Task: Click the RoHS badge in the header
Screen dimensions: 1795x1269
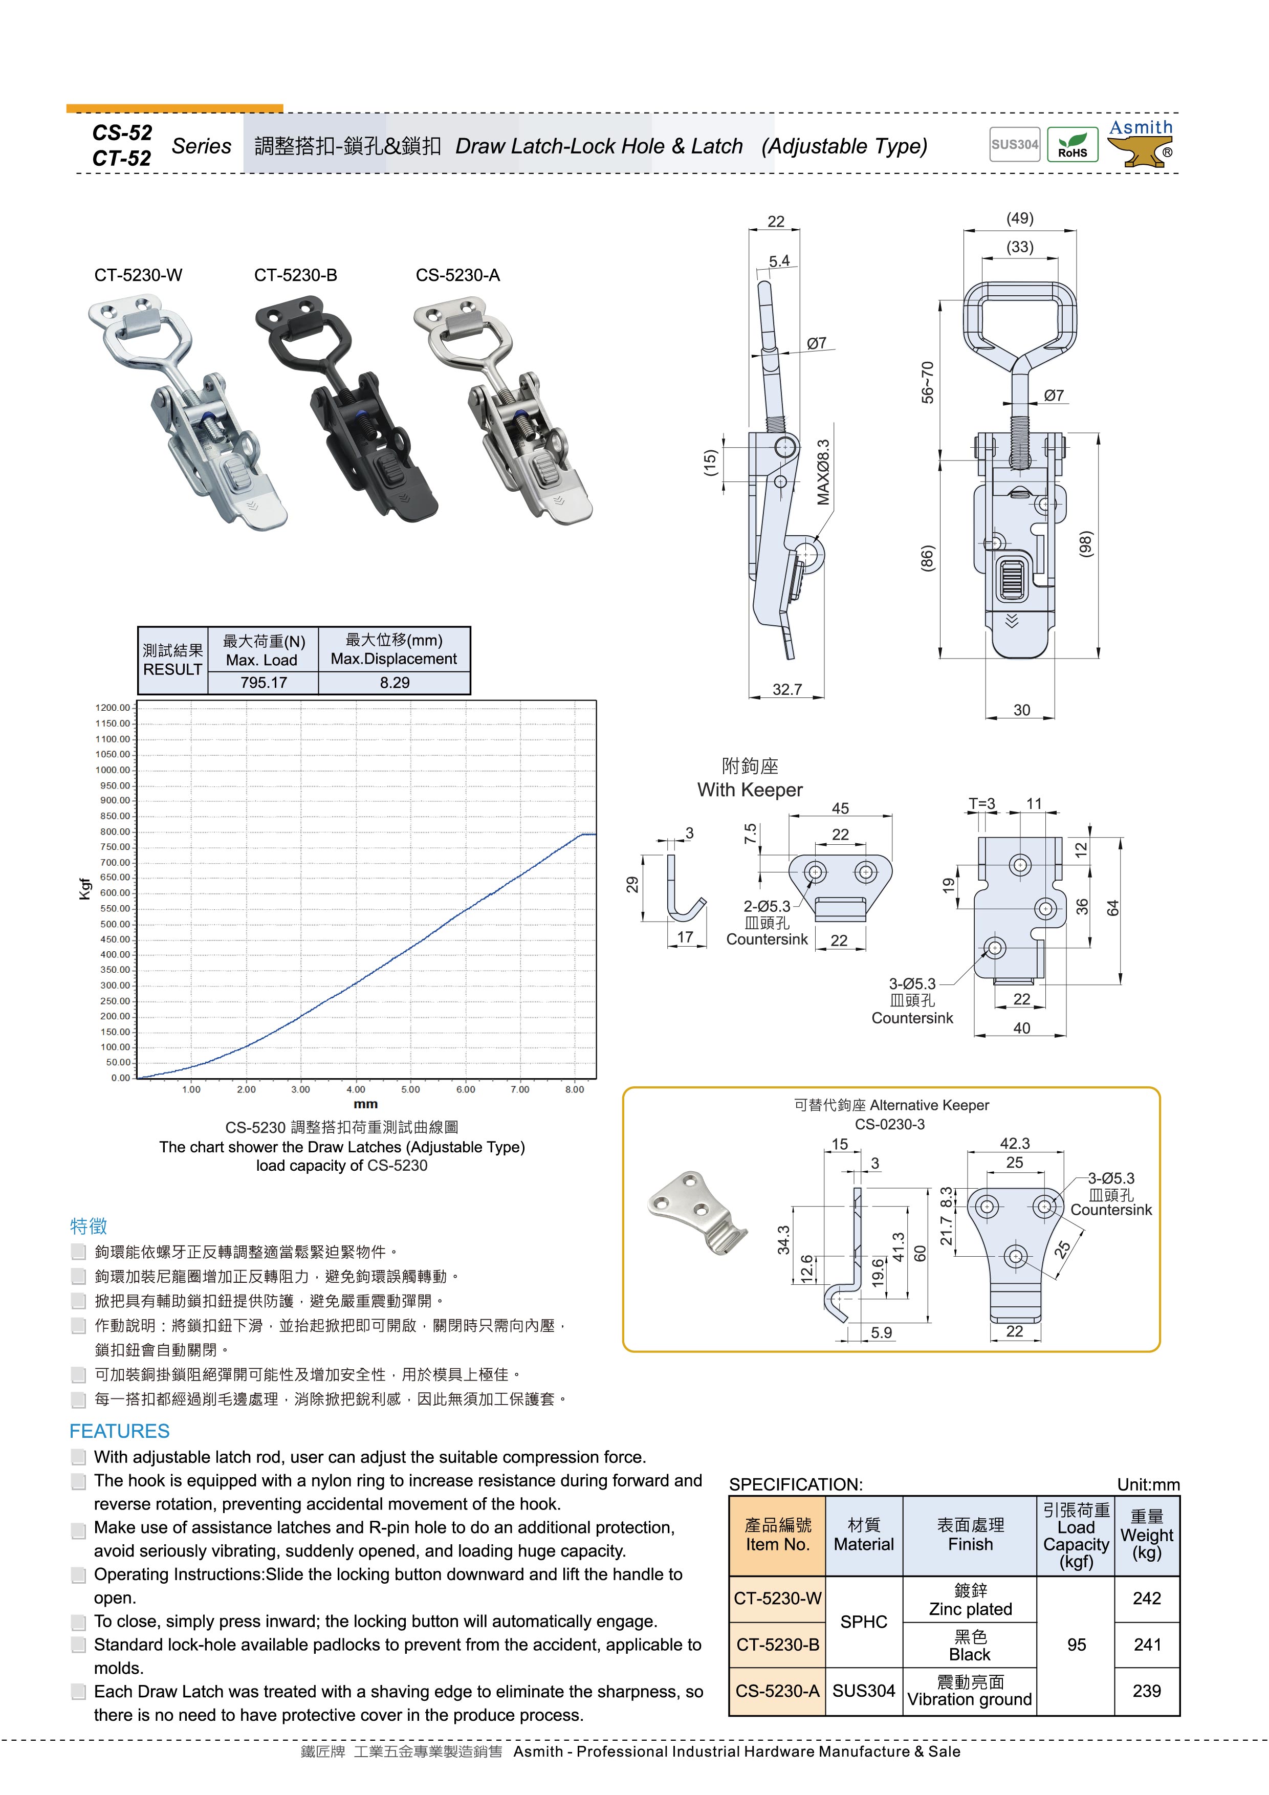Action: point(1072,145)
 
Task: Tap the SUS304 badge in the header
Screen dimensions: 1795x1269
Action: point(1014,145)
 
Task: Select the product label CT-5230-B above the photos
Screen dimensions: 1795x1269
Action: point(296,275)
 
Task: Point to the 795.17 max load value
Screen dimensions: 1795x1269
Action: point(264,683)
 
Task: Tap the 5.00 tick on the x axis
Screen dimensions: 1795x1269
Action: point(410,1089)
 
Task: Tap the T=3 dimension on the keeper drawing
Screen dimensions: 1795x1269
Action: point(982,804)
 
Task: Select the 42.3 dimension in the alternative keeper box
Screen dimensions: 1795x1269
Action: point(1014,1143)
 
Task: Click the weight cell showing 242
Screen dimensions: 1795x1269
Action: point(1146,1599)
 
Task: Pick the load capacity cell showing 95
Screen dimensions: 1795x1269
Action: point(1076,1645)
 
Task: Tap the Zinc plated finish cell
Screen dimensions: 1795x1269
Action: point(970,1600)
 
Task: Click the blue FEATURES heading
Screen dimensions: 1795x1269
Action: point(120,1431)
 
